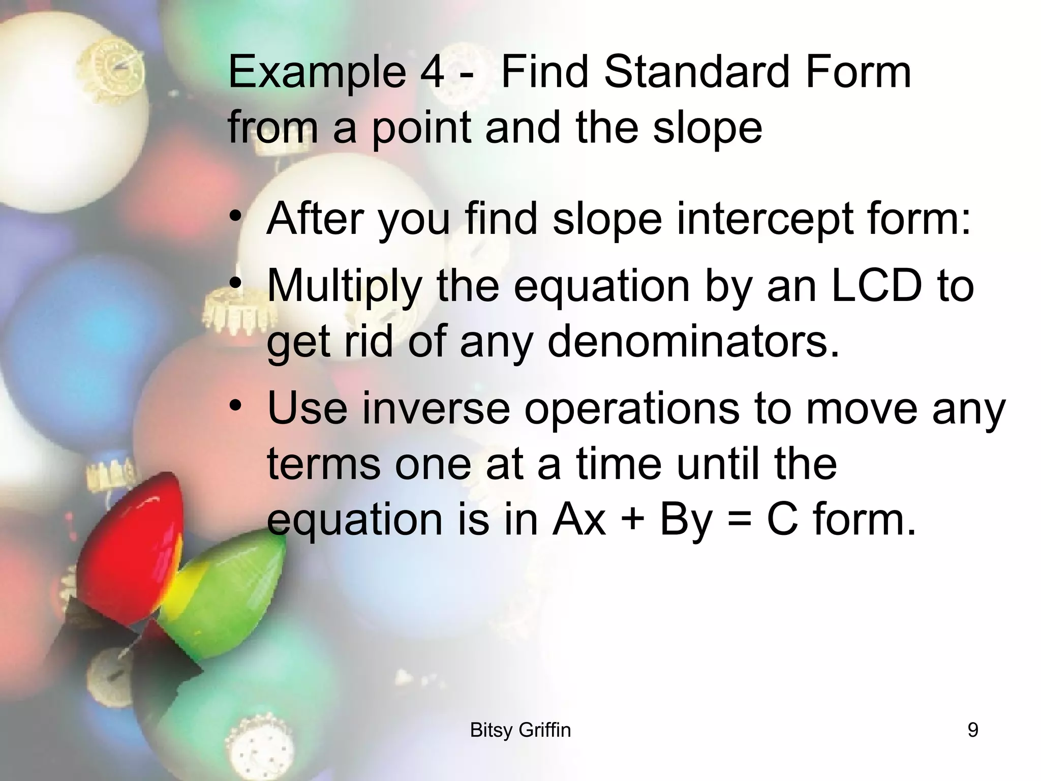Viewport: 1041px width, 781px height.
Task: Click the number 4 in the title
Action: click(432, 72)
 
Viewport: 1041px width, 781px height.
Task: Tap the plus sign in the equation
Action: click(633, 521)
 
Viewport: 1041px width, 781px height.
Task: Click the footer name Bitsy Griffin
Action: click(520, 730)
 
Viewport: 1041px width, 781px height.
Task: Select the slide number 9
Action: click(972, 730)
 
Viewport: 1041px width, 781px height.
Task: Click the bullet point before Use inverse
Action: click(235, 406)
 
